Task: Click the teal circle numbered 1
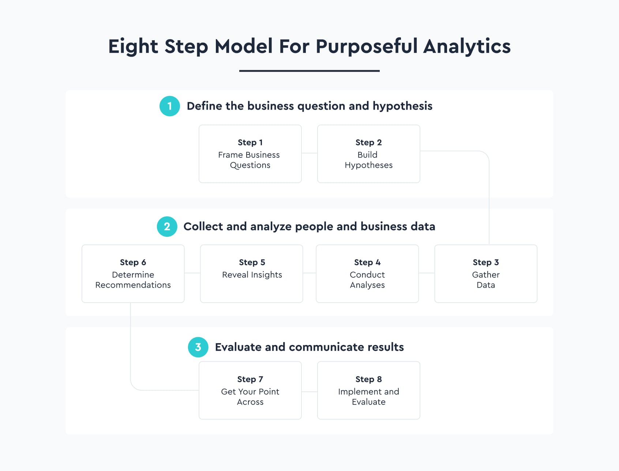tap(170, 106)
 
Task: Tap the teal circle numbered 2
tap(167, 227)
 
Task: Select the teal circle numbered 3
tap(198, 347)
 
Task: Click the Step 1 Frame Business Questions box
tap(250, 154)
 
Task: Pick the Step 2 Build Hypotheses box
tap(369, 154)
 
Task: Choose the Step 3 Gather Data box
tap(486, 274)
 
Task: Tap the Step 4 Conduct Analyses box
tap(367, 274)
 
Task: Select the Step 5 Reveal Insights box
tap(252, 274)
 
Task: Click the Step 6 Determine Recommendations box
tap(133, 274)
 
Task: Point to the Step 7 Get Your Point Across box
tap(250, 390)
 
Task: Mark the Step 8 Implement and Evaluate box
tap(369, 390)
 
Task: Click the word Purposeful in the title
tap(367, 47)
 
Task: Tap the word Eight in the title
tap(133, 47)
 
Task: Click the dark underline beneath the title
tap(309, 71)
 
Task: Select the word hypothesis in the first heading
tap(402, 106)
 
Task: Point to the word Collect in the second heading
tap(203, 227)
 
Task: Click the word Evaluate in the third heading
tap(238, 347)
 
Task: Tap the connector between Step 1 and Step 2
tap(309, 153)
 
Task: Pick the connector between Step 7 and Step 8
tap(309, 392)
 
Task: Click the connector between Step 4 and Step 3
tap(427, 273)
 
